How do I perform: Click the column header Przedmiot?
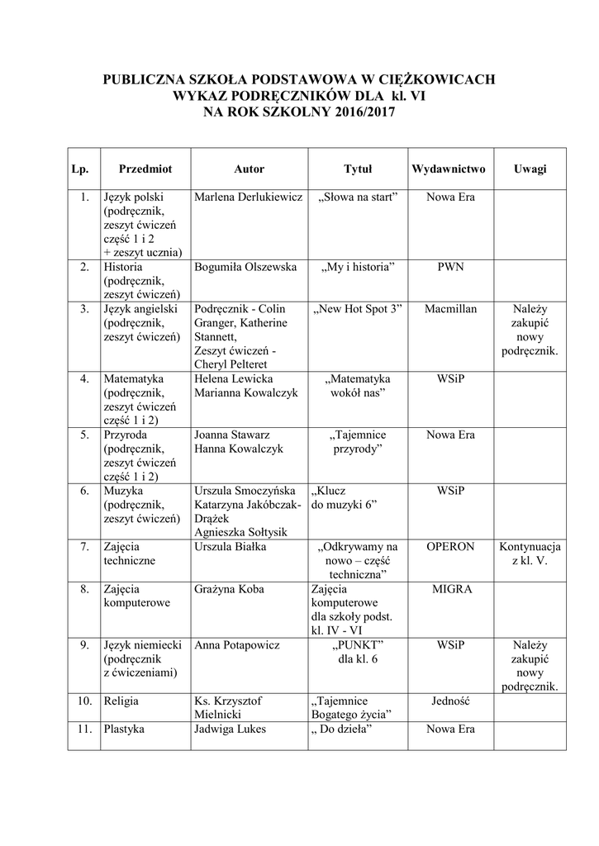pos(145,169)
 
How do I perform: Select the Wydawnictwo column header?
pos(449,169)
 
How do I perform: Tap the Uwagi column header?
pos(530,169)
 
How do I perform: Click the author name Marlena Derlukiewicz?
pos(248,197)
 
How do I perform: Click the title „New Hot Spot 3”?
pos(358,308)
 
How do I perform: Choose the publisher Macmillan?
pos(450,308)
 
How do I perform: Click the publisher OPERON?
pos(450,546)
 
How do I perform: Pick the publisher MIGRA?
pos(451,589)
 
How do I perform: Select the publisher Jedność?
pos(450,701)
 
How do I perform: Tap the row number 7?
pos(83,546)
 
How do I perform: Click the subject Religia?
pos(121,701)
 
